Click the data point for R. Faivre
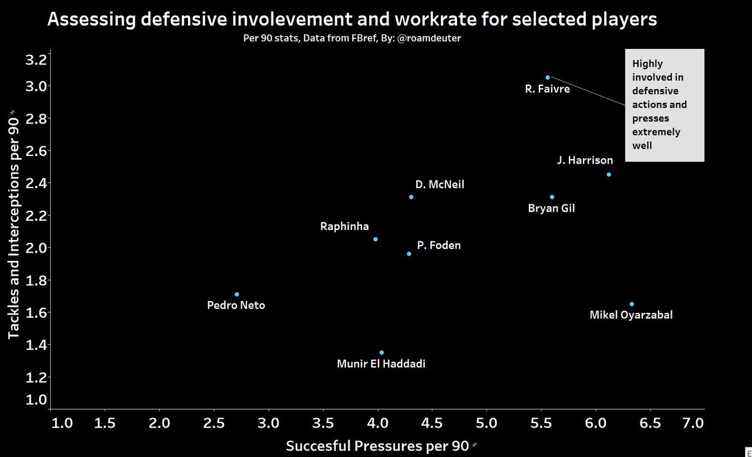548,78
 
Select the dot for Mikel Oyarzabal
632,304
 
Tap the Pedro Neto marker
237,295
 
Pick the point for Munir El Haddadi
382,352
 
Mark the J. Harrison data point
609,174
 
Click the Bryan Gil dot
552,197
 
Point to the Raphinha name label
345,227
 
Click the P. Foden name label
437,246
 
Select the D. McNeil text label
440,185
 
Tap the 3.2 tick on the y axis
35,61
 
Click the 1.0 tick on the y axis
35,400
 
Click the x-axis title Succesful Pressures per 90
377,446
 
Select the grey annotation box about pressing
665,105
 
